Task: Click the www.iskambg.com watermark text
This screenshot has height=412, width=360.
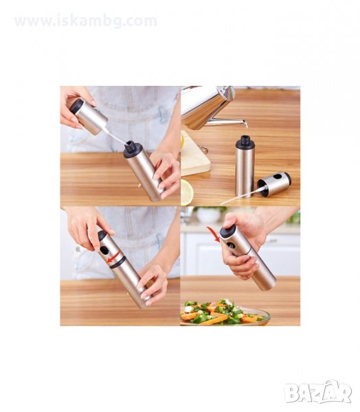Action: click(86, 21)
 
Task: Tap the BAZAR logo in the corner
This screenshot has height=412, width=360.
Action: click(317, 392)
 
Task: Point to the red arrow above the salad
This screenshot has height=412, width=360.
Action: click(214, 234)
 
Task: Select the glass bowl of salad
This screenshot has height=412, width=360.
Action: click(225, 313)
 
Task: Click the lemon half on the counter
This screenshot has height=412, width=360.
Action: click(187, 192)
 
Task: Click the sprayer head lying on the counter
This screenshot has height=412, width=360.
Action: click(274, 183)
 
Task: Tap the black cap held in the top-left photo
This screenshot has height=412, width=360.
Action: click(77, 106)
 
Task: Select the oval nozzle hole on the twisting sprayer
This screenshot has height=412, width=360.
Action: click(104, 250)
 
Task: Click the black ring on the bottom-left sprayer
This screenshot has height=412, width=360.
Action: click(117, 262)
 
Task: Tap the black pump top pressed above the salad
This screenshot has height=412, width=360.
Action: click(227, 231)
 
